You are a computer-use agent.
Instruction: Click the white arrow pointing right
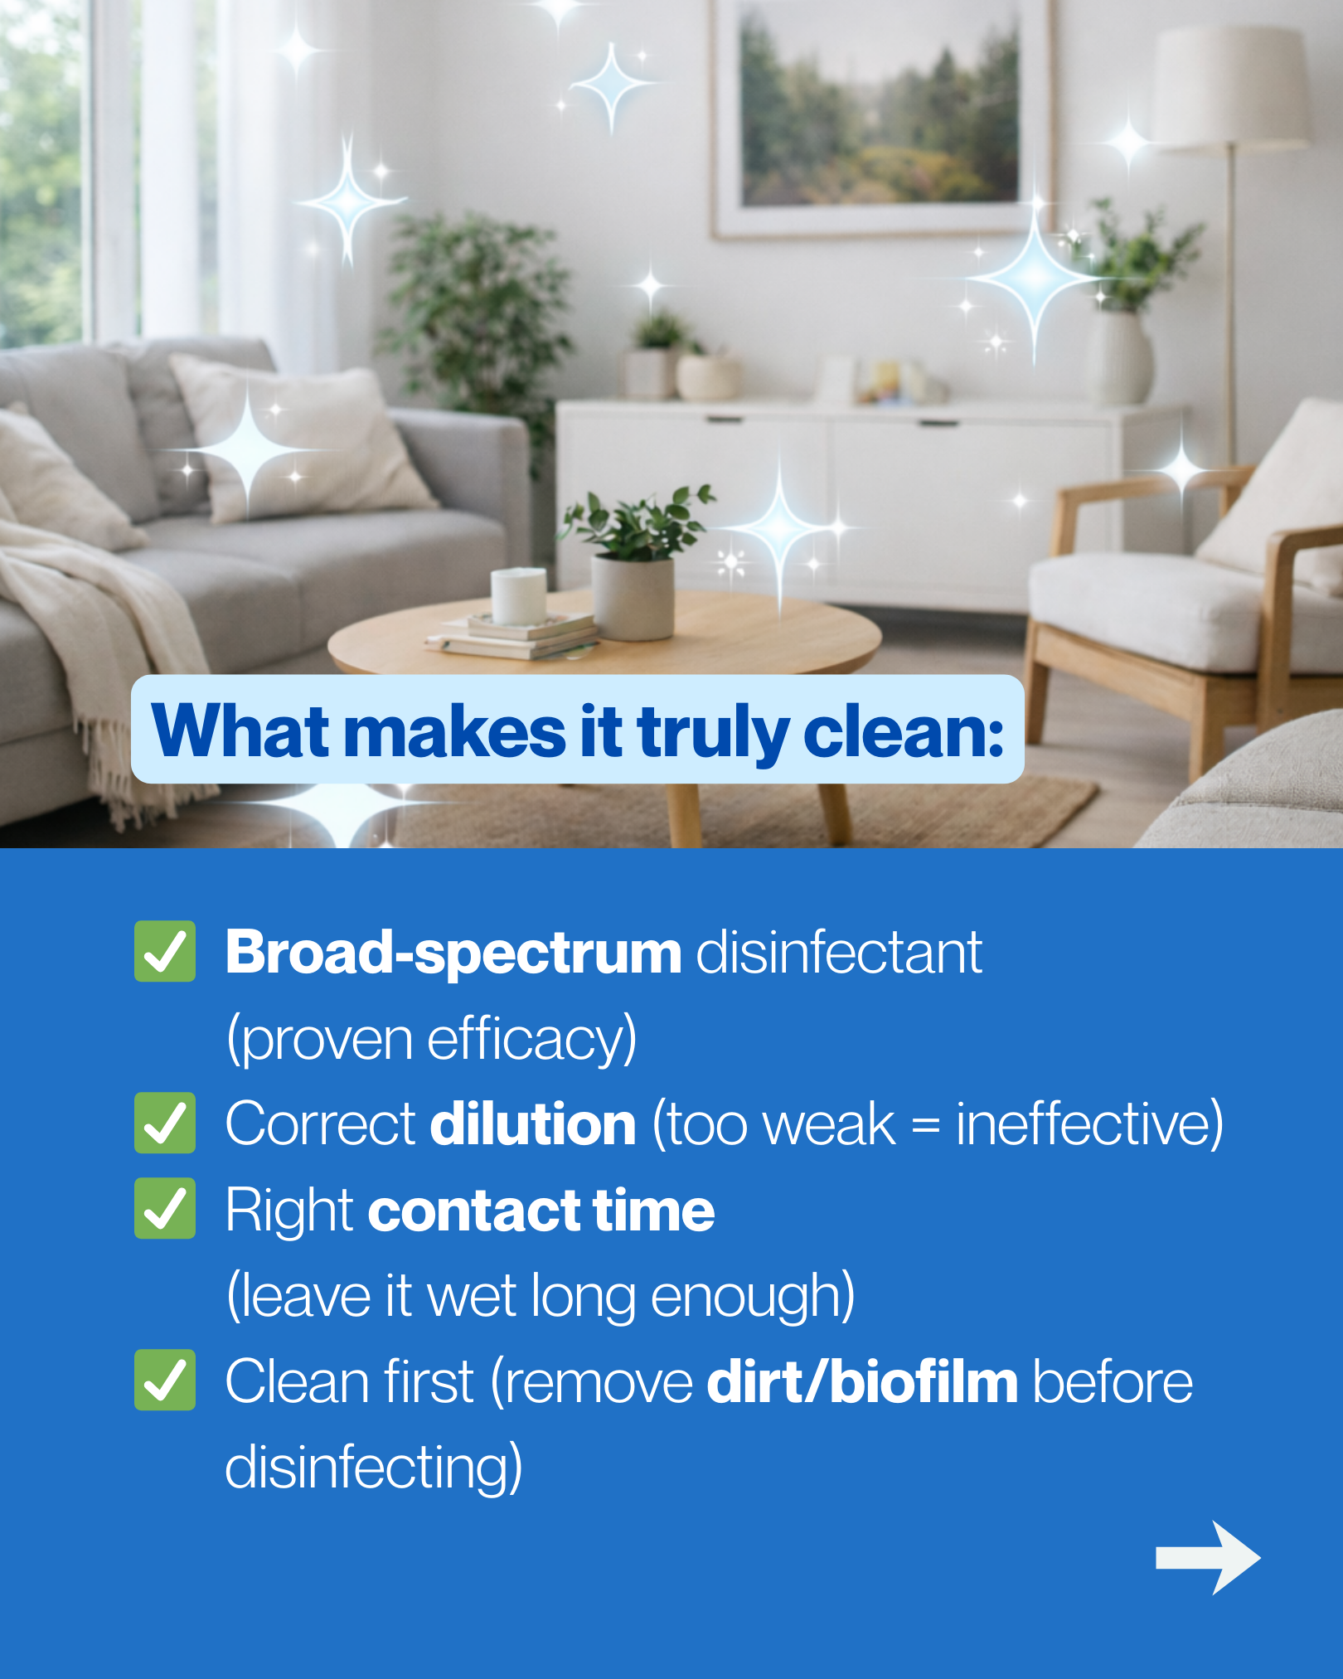(1208, 1558)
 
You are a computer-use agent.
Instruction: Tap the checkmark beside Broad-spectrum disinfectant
(165, 951)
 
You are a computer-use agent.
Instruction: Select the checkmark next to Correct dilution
(165, 1123)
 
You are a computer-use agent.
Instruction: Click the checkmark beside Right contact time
(165, 1208)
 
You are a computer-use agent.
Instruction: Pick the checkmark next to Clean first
(165, 1380)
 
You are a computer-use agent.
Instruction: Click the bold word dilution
(533, 1123)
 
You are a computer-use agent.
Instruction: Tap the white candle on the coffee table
(518, 594)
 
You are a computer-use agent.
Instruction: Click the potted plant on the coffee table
(635, 564)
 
